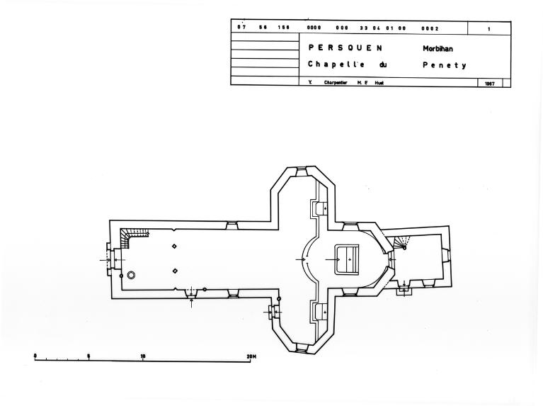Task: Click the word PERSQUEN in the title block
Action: pyautogui.click(x=345, y=48)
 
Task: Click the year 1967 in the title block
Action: pyautogui.click(x=489, y=82)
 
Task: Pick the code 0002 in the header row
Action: pyautogui.click(x=430, y=29)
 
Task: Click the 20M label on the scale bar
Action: pyautogui.click(x=251, y=356)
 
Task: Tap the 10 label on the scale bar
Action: pyautogui.click(x=143, y=356)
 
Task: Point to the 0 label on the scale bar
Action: pyautogui.click(x=35, y=356)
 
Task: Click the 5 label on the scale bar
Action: pyautogui.click(x=88, y=356)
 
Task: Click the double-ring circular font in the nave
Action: pyautogui.click(x=131, y=274)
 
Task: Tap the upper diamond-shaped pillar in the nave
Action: pyautogui.click(x=174, y=247)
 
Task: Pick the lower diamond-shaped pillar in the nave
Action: pyautogui.click(x=174, y=271)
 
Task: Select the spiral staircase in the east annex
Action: pyautogui.click(x=401, y=243)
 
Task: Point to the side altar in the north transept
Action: pyautogui.click(x=318, y=208)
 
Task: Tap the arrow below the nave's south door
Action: pyautogui.click(x=191, y=303)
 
